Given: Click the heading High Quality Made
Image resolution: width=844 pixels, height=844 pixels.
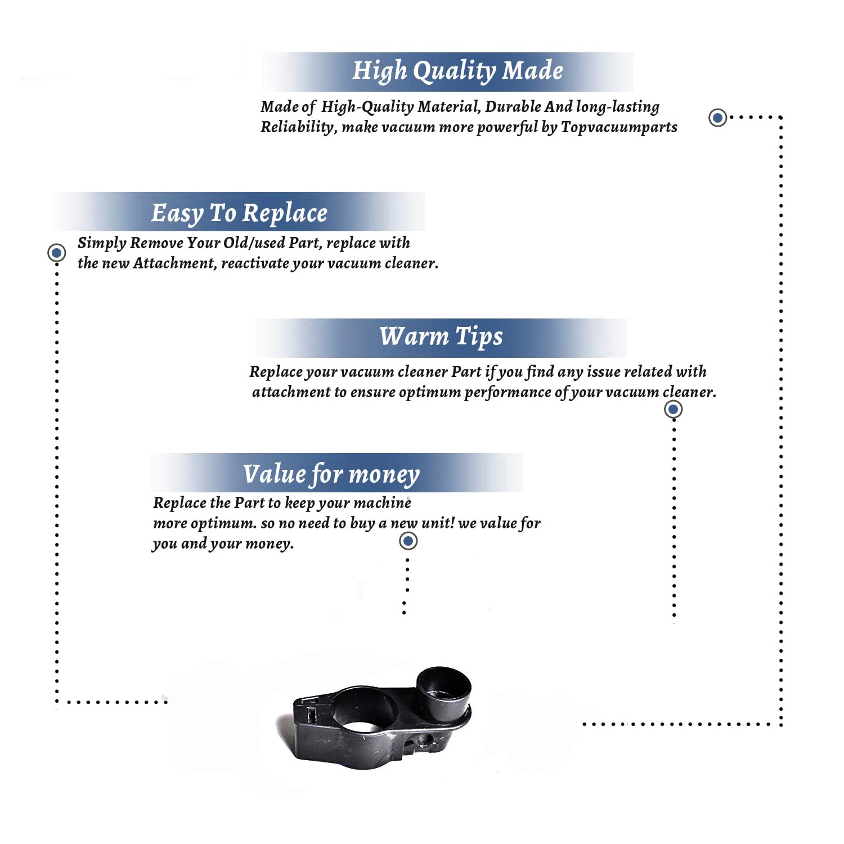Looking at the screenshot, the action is point(457,71).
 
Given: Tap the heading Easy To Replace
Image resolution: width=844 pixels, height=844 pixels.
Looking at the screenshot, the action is point(239,214).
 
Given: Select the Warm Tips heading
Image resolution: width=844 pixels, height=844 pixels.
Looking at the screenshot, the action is point(441,337).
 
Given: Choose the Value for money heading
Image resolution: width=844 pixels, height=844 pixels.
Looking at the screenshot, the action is point(331,474).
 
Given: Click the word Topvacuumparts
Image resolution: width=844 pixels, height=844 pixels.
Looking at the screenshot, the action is point(619,128).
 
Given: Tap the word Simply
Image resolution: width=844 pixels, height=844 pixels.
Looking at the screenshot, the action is point(102,243).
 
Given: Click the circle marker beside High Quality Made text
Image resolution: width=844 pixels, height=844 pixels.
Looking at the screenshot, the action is point(717,118).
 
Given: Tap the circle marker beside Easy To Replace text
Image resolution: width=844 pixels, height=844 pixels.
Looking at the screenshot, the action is point(56,253).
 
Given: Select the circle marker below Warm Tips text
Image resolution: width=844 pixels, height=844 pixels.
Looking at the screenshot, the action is point(674,409).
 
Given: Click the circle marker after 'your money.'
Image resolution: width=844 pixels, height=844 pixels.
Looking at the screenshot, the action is point(408,541).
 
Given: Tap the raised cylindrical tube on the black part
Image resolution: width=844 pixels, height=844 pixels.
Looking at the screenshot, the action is point(443,692).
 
